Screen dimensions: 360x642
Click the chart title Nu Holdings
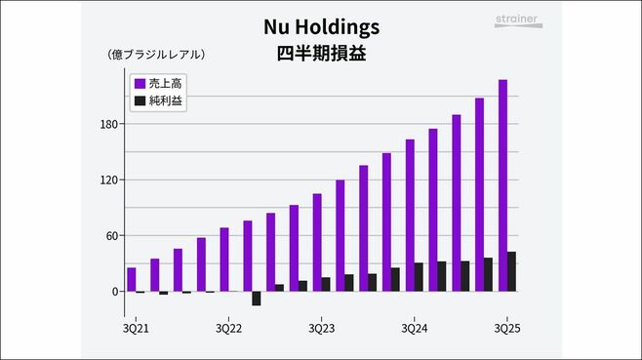322,27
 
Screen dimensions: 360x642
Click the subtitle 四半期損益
322,54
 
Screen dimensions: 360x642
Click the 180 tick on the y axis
107,124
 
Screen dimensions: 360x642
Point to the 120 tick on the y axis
107,180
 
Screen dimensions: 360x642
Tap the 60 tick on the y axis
110,236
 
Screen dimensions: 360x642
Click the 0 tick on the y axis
113,292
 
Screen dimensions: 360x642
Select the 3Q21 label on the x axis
137,328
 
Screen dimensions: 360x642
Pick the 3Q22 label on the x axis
228,328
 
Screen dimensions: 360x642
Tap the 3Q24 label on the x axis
414,328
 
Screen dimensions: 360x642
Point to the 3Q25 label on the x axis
507,328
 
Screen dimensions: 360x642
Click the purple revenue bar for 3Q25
502,185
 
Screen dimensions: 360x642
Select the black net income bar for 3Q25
512,272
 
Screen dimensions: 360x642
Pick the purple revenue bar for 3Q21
132,280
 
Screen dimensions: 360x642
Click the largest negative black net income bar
257,299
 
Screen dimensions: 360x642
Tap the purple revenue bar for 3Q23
317,243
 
